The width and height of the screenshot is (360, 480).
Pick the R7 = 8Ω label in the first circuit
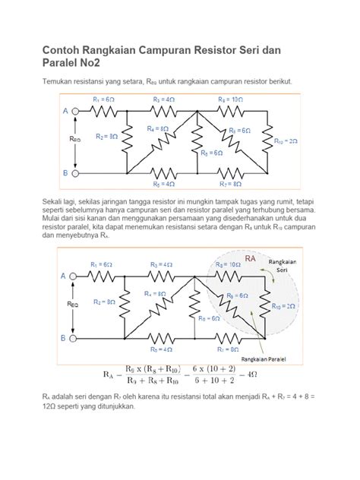pos(229,183)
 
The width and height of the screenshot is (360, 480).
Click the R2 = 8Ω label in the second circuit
pos(105,301)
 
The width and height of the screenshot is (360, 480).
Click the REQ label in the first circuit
pos(74,141)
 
